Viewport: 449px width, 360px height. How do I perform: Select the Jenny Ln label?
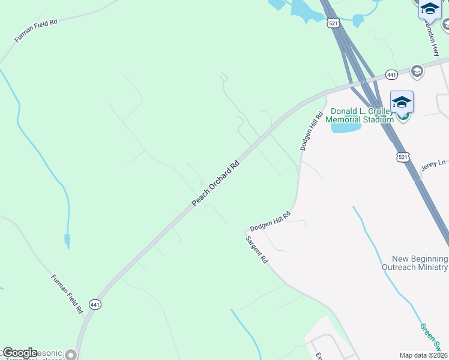tap(433, 164)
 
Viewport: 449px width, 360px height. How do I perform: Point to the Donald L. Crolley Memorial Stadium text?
tap(360, 115)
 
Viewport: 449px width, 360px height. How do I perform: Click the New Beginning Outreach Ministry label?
tap(414, 262)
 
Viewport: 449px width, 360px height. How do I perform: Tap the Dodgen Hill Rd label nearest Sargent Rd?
tap(270, 221)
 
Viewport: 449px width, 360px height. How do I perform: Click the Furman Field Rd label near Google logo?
tap(67, 294)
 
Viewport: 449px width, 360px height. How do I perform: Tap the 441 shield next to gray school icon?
tap(391, 74)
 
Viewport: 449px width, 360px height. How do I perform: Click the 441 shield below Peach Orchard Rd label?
tap(95, 305)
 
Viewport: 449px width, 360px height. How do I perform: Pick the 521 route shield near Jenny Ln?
tap(403, 157)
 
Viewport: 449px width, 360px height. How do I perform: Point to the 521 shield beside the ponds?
tap(333, 23)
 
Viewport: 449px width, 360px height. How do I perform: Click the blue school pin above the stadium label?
tap(402, 102)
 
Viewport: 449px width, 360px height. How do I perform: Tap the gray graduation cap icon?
tap(417, 71)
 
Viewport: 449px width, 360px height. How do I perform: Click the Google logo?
tap(19, 353)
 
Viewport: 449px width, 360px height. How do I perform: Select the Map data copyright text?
tap(424, 355)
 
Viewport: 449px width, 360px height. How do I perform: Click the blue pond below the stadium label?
tap(346, 127)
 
